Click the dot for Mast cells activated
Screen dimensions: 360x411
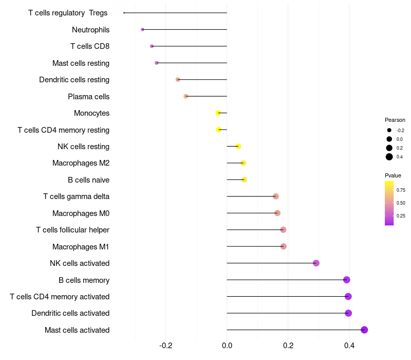click(x=364, y=330)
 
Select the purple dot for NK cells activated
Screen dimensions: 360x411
click(x=316, y=263)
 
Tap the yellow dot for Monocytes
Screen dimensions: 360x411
click(x=218, y=113)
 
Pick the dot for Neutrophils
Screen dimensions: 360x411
click(x=142, y=29)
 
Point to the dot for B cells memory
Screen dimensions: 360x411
click(x=347, y=280)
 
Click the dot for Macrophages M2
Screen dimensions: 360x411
click(x=243, y=163)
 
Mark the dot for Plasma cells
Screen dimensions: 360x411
click(x=186, y=96)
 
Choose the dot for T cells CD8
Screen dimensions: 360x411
click(x=152, y=46)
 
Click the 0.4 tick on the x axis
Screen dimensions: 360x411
click(x=349, y=345)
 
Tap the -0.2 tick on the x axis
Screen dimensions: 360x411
click(x=165, y=345)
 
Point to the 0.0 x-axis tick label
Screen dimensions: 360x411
click(x=227, y=345)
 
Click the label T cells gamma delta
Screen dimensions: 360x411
click(x=76, y=196)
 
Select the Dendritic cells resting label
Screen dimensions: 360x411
click(x=74, y=80)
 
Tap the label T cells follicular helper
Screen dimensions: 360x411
click(x=72, y=230)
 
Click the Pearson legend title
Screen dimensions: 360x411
click(x=395, y=120)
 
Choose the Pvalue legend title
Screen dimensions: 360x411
click(x=393, y=175)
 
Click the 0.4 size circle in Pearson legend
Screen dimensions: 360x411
click(x=389, y=157)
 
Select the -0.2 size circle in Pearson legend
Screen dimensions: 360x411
click(x=389, y=130)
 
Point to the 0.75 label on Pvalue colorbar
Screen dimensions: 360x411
click(x=401, y=190)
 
